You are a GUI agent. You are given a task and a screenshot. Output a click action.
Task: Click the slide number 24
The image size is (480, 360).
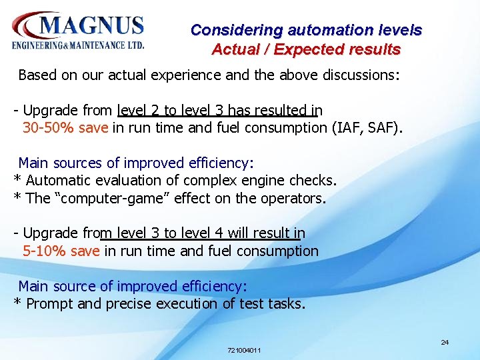click(445, 342)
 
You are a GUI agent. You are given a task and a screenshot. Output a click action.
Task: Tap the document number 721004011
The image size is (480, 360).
click(244, 350)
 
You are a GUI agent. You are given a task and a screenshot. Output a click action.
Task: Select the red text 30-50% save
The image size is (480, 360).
click(65, 127)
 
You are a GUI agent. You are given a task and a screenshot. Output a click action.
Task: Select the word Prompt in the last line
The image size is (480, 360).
click(48, 304)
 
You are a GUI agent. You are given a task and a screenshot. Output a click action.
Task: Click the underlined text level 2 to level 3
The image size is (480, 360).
click(177, 110)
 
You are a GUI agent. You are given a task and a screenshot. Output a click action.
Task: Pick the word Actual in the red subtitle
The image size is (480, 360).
click(234, 49)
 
